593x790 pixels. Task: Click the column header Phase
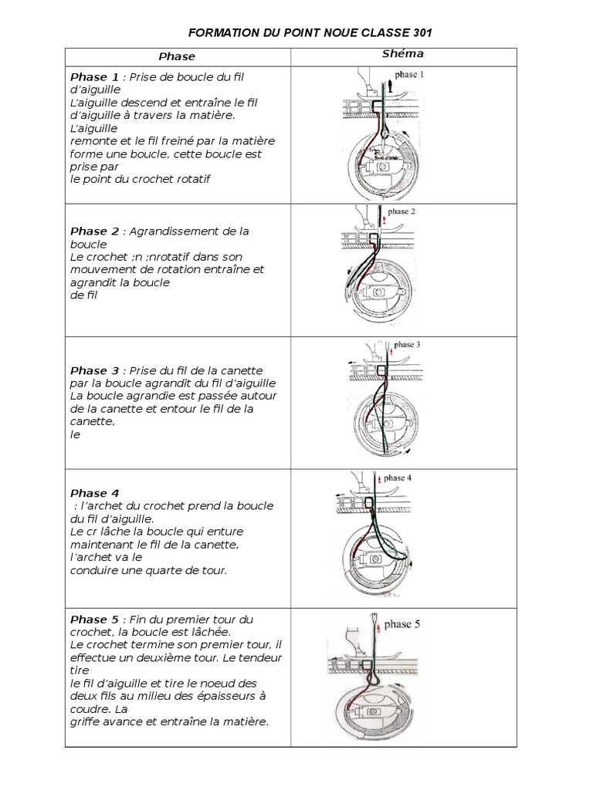pyautogui.click(x=177, y=56)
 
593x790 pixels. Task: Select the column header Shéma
pyautogui.click(x=403, y=54)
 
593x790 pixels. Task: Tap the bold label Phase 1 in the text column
pyautogui.click(x=95, y=77)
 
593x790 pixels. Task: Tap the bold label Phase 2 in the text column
pyautogui.click(x=95, y=231)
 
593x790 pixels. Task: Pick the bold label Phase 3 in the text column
pyautogui.click(x=95, y=371)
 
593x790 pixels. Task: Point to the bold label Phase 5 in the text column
pyautogui.click(x=95, y=620)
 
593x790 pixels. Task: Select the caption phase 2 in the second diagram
pyautogui.click(x=402, y=211)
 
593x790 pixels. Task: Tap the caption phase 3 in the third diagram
pyautogui.click(x=407, y=345)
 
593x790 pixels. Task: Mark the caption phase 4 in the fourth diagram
pyautogui.click(x=397, y=478)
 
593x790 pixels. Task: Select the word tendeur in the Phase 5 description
pyautogui.click(x=261, y=657)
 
